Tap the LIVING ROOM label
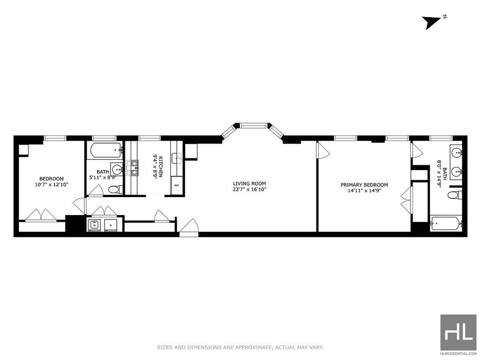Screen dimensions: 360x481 click(249, 184)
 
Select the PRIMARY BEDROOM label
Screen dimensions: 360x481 click(364, 185)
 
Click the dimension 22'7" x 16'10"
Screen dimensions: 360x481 click(249, 189)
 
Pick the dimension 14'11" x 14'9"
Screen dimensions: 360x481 click(364, 191)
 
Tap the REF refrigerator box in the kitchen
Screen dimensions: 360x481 click(176, 186)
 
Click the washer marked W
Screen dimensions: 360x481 click(95, 225)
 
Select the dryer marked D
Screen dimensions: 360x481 click(110, 225)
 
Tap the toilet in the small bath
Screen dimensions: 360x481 click(115, 189)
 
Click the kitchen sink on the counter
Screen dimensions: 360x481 click(177, 159)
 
